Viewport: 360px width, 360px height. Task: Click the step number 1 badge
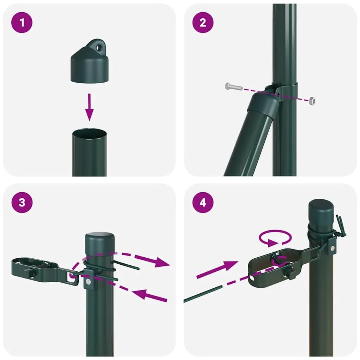click(x=23, y=23)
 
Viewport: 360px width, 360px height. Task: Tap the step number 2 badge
click(x=203, y=23)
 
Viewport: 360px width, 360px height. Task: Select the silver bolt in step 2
click(x=233, y=86)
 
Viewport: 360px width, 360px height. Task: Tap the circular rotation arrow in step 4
click(x=275, y=238)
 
